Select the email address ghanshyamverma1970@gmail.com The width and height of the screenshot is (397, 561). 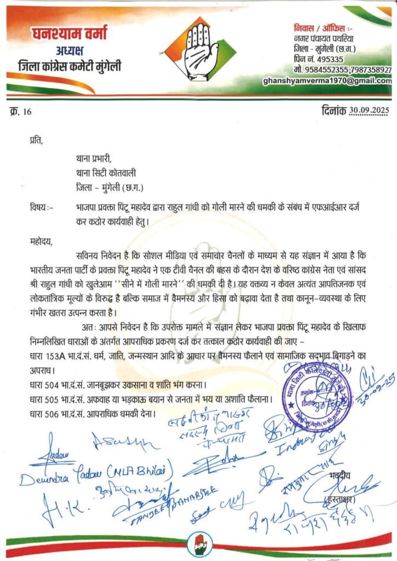327,81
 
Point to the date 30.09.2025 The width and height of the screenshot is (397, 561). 364,111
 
